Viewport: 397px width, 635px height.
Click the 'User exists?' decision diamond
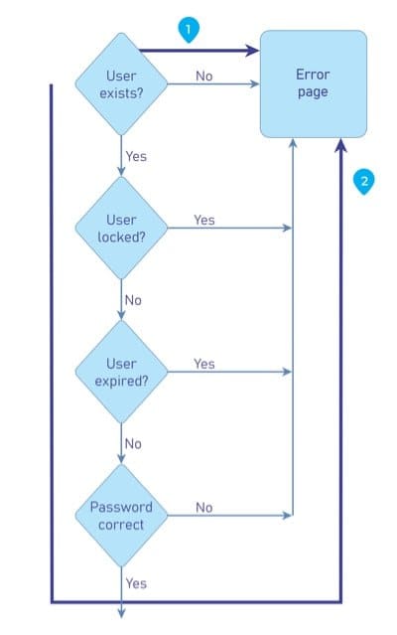pyautogui.click(x=121, y=84)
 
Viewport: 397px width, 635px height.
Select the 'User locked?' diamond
pyautogui.click(x=121, y=228)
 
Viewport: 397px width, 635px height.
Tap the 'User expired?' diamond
pyautogui.click(x=121, y=372)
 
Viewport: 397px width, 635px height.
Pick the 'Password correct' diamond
pyautogui.click(x=121, y=516)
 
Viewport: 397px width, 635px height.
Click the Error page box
pyautogui.click(x=314, y=83)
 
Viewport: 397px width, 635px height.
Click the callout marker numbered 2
pyautogui.click(x=364, y=182)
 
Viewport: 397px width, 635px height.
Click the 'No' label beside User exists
pyautogui.click(x=204, y=77)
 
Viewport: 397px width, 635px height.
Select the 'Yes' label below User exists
pyautogui.click(x=136, y=156)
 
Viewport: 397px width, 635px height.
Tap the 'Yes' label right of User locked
pyautogui.click(x=204, y=220)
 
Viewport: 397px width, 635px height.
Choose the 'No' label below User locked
pyautogui.click(x=133, y=300)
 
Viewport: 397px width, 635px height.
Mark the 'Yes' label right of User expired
pyautogui.click(x=204, y=364)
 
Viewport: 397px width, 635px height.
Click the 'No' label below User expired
pyautogui.click(x=133, y=444)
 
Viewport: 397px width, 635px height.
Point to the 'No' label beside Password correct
pyautogui.click(x=204, y=508)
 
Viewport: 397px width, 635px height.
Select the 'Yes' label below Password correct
pyautogui.click(x=136, y=583)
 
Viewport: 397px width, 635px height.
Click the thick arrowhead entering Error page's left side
pyautogui.click(x=253, y=51)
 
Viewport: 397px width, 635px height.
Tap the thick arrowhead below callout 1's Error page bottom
pyautogui.click(x=340, y=145)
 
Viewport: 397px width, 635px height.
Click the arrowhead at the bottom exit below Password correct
pyautogui.click(x=121, y=613)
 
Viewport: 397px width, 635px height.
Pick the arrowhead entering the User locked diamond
pyautogui.click(x=121, y=171)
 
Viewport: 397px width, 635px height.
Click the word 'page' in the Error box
pyautogui.click(x=313, y=92)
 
